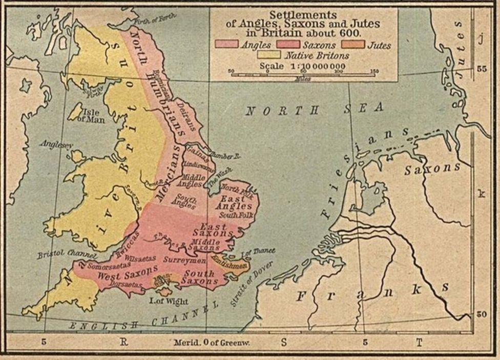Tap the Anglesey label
tap(56, 145)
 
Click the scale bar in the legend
tap(303, 75)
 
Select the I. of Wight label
tap(162, 301)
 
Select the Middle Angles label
tap(190, 180)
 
